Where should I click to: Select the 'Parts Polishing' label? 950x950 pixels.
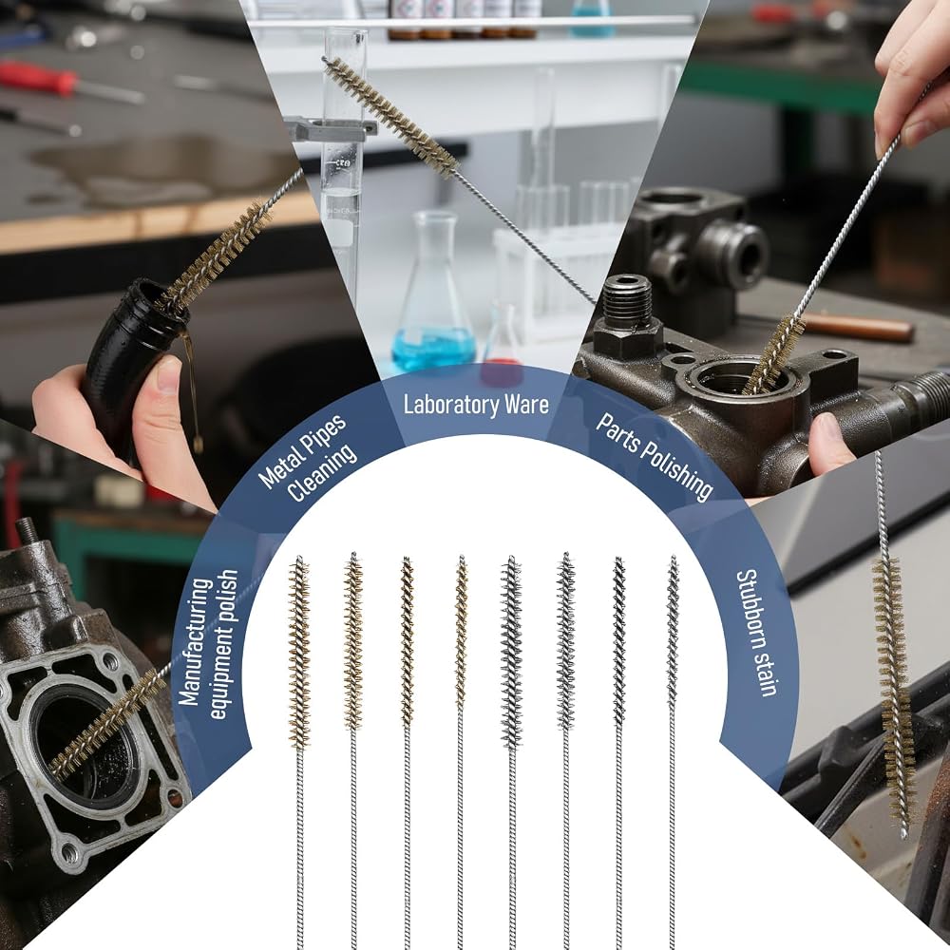[x=654, y=457]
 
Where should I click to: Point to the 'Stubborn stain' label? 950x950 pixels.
[x=756, y=633]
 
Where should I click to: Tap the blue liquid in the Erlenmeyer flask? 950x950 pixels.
[x=433, y=348]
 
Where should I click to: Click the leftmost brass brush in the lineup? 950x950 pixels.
[x=299, y=751]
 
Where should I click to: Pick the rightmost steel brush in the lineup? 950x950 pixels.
[x=673, y=751]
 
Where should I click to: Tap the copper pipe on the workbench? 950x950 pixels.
[x=858, y=327]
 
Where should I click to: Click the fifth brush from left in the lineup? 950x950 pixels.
[x=512, y=751]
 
